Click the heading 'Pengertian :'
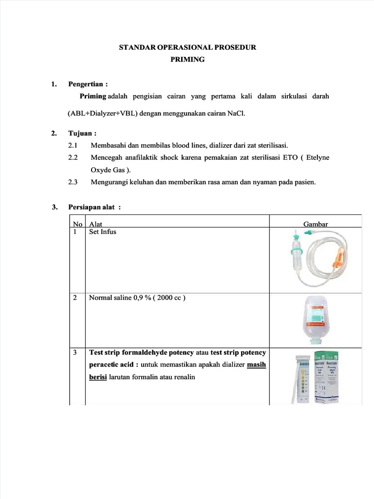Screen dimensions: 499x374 [x=88, y=84]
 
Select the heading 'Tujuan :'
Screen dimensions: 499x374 [x=82, y=133]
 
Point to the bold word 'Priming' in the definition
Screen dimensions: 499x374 [x=93, y=96]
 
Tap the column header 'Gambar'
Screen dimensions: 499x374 [x=316, y=224]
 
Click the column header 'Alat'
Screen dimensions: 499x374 [x=95, y=224]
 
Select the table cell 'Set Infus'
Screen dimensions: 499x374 [x=103, y=232]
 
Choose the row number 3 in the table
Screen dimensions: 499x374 [x=75, y=352]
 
